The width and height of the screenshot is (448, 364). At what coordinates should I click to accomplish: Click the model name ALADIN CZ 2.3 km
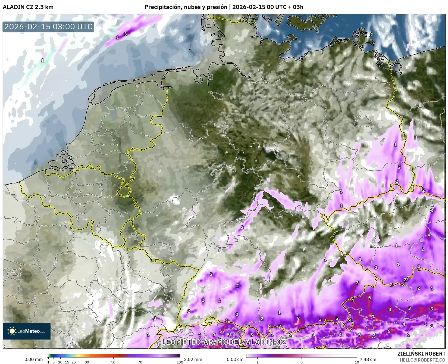coord(28,7)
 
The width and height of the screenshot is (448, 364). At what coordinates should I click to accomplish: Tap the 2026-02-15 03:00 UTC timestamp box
coord(48,27)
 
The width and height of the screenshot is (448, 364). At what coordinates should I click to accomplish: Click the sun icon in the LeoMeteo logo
coord(12,331)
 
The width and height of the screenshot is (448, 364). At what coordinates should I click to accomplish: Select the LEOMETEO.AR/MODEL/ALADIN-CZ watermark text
coord(224,342)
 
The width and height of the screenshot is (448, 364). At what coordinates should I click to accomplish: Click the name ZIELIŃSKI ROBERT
coord(421,354)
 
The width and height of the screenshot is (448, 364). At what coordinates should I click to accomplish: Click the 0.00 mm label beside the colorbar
coord(33,359)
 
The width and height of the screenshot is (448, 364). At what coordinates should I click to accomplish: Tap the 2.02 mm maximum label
coord(193,359)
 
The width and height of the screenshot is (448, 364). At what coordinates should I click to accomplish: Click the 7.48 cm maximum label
coord(368,359)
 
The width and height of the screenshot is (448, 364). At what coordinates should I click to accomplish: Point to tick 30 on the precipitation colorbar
coord(87,362)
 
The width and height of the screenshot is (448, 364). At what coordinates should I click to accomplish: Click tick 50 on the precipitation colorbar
coord(113,362)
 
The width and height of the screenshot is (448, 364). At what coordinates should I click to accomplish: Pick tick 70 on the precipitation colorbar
coord(140,362)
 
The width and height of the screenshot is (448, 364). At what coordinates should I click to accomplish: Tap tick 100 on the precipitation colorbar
coord(180,362)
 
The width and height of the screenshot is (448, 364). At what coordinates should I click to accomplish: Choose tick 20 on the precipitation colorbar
coord(73,362)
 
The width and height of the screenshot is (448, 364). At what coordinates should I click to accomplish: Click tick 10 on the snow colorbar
coord(357,362)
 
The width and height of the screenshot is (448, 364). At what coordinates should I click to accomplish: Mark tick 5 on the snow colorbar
coord(302,362)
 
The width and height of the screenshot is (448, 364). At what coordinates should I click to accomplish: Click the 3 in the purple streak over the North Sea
coord(125,34)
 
